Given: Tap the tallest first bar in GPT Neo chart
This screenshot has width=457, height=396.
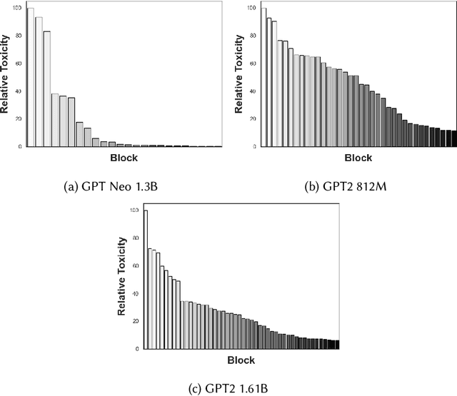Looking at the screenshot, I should point(30,77).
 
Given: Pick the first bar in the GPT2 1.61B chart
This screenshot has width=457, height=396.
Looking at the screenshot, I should point(146,279).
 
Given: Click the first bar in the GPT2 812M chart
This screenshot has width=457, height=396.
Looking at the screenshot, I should point(264,77).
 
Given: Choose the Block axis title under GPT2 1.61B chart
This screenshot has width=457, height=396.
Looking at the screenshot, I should point(241,361).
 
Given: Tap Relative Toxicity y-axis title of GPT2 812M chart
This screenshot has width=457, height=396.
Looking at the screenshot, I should point(241,77).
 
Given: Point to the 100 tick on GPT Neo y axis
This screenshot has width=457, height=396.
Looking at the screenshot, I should point(19,9).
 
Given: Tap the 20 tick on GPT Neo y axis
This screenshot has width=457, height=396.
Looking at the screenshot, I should point(21,118).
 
